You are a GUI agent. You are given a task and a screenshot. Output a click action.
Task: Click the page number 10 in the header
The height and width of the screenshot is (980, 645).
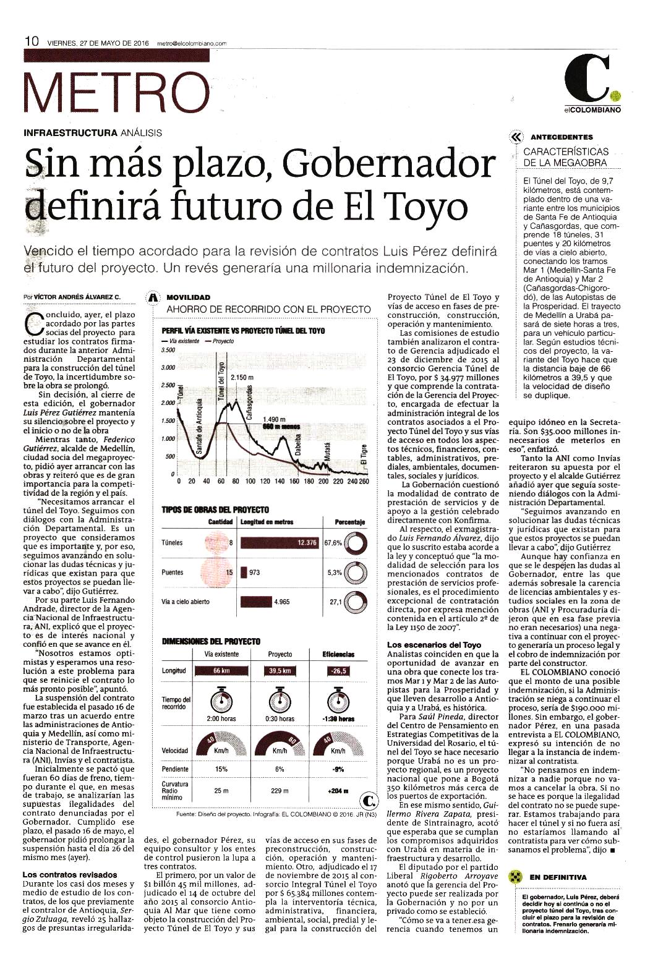tap(32, 41)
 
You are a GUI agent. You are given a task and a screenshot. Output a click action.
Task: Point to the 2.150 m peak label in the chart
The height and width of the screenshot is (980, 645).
tap(242, 377)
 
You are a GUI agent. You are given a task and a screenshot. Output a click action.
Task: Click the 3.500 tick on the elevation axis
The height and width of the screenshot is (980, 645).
tap(168, 351)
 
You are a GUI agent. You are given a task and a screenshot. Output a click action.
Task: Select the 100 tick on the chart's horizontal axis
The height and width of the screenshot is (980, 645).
tap(250, 481)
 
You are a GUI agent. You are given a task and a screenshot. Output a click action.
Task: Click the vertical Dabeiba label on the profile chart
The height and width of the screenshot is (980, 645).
tap(298, 445)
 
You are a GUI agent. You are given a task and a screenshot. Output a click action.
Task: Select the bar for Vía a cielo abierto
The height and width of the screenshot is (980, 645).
tap(257, 602)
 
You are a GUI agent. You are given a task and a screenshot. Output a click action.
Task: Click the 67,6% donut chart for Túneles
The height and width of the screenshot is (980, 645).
tap(356, 542)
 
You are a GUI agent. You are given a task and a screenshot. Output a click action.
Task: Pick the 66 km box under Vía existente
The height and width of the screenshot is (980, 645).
tap(222, 671)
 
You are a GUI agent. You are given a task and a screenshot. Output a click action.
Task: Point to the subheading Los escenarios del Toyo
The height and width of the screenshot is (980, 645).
tap(434, 645)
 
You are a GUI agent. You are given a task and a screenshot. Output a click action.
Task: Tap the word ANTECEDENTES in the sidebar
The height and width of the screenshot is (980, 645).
tap(562, 137)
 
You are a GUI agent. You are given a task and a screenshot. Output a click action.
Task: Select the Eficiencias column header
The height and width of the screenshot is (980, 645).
tap(338, 655)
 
